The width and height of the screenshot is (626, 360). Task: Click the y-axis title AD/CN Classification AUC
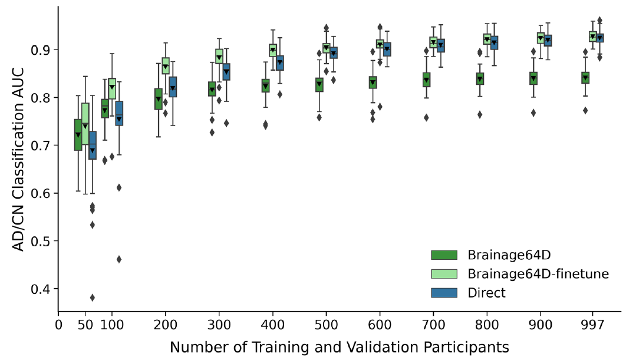[x=18, y=160]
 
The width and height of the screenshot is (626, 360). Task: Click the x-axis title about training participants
[x=339, y=346]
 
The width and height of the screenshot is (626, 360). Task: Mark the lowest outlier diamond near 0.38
[x=93, y=297]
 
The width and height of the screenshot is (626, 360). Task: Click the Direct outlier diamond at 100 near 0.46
[x=119, y=259]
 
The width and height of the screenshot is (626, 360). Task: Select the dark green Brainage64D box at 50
[x=78, y=135]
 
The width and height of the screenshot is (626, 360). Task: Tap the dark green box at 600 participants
[x=373, y=82]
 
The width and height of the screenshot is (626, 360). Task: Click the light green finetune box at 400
[x=273, y=50]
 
